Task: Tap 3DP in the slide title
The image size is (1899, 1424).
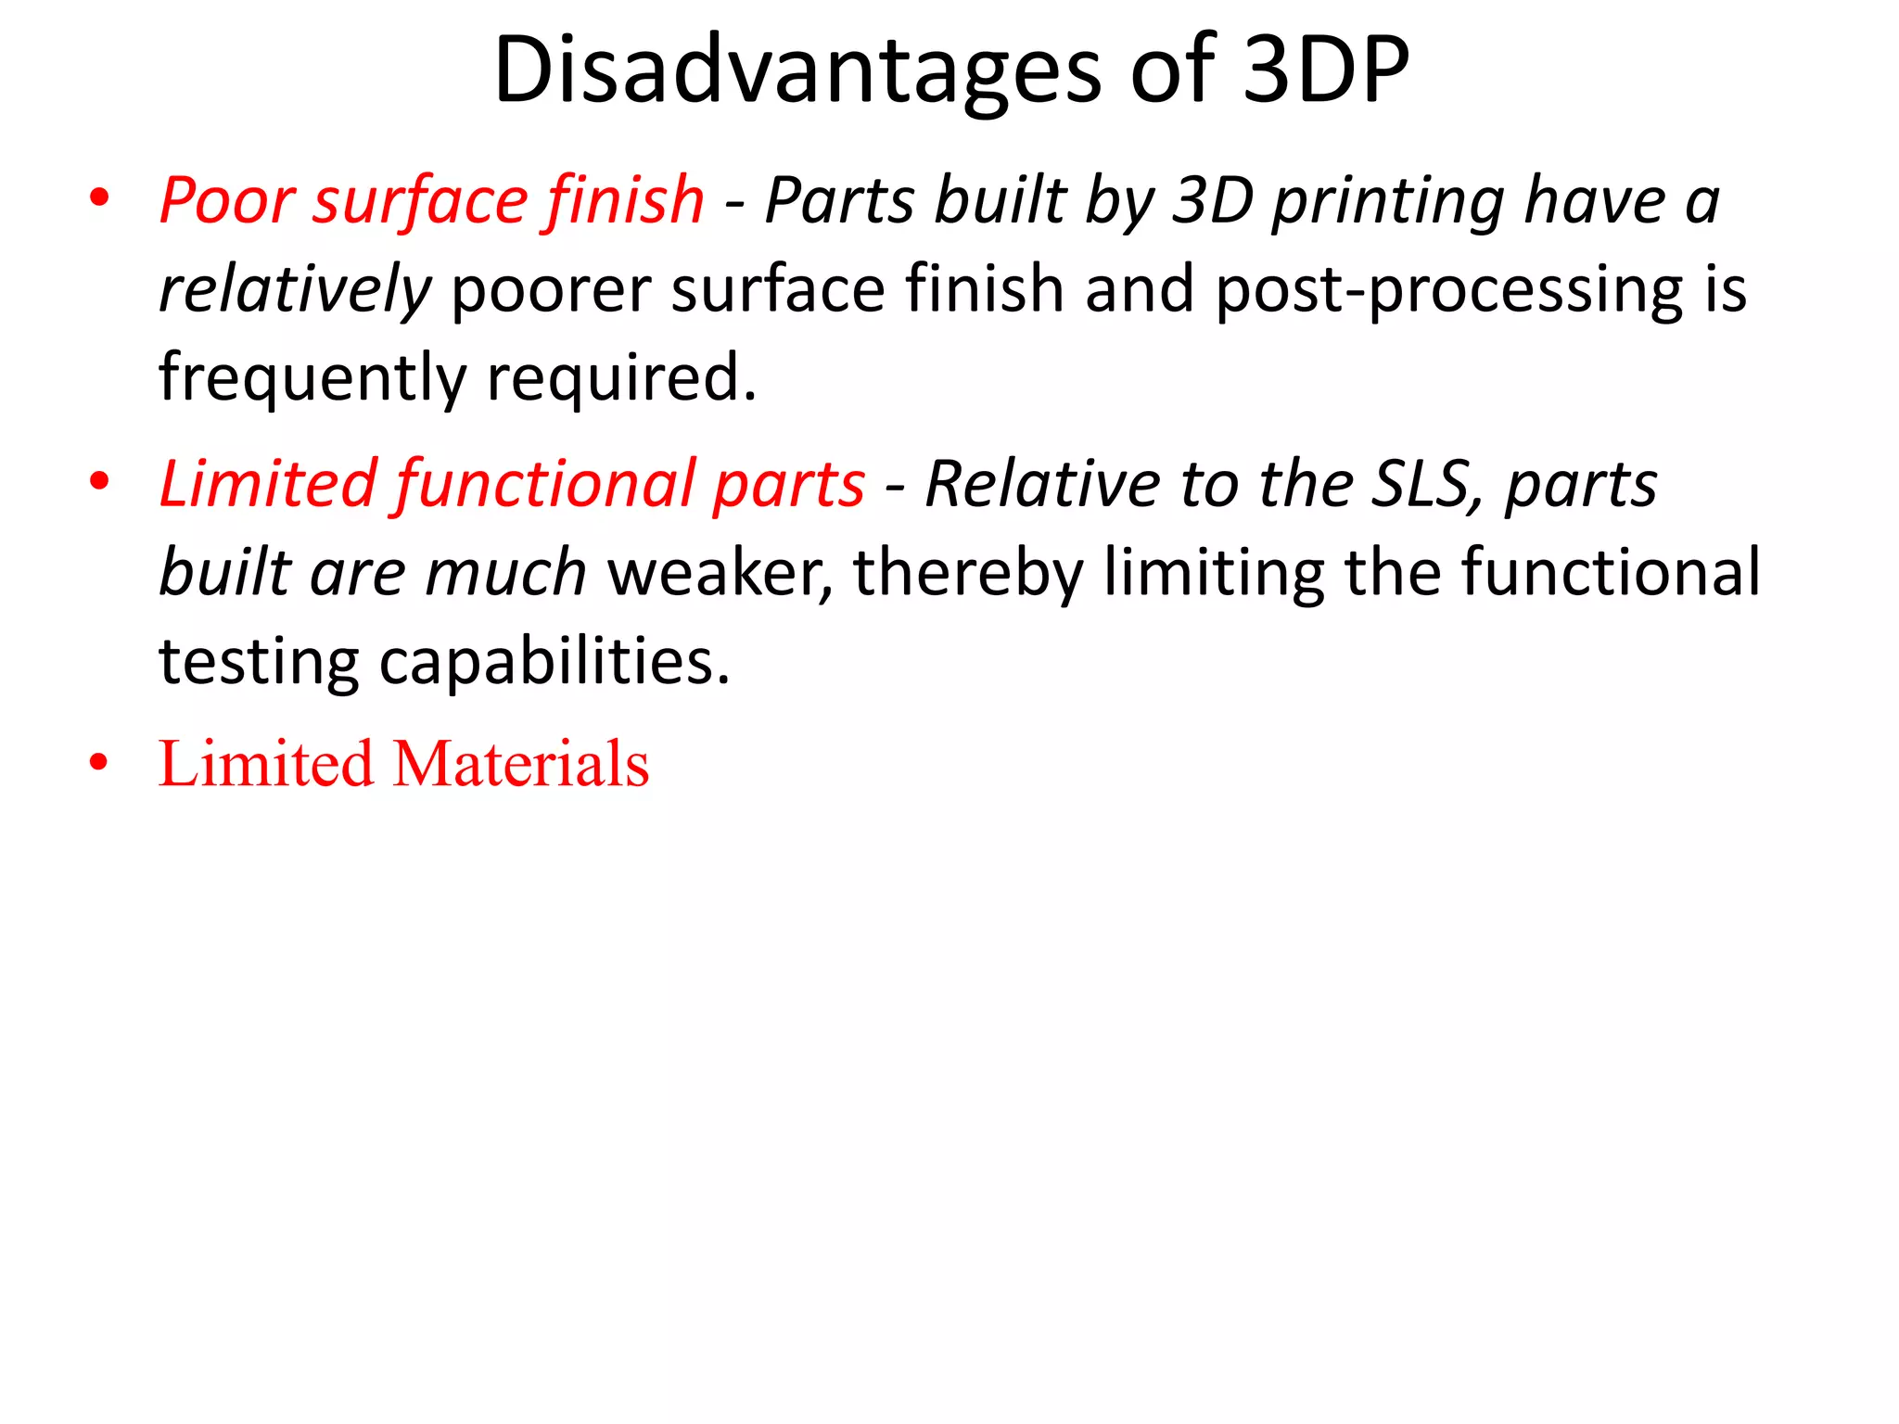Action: click(1325, 70)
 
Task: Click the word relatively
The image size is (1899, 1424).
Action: click(294, 288)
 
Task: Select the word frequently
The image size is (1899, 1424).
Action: click(312, 377)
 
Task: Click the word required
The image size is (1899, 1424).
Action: click(621, 377)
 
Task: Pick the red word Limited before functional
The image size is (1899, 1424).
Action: click(268, 484)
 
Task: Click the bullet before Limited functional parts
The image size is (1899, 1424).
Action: click(99, 482)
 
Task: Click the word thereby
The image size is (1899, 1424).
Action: click(968, 572)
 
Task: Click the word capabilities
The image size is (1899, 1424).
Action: click(554, 661)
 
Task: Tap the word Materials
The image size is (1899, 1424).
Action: click(521, 764)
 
